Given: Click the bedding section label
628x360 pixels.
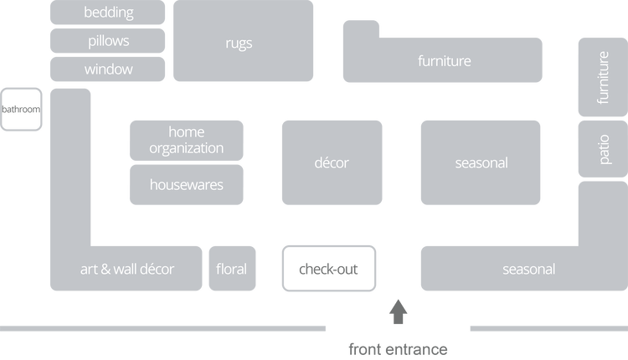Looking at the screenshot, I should coord(109,13).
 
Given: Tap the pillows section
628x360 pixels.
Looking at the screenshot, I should coord(109,40).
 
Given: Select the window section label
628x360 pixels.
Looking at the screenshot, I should coord(109,69).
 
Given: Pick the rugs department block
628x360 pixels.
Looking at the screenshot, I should coord(239,43).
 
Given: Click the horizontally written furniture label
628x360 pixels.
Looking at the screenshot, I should coord(444,61).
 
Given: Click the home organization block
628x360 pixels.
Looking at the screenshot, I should coord(186,140).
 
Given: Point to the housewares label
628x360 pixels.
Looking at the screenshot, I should coord(186,184).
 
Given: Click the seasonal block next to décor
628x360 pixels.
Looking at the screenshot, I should coord(481,162).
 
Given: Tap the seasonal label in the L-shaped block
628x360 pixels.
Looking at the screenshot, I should coord(528,269).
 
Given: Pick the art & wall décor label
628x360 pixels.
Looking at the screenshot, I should coord(127,269).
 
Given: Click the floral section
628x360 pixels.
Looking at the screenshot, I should coord(231,269).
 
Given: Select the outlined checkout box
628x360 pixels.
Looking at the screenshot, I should coord(328,269).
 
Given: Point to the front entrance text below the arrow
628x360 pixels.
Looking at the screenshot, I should coord(399,348).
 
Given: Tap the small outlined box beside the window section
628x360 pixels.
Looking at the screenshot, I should coord(22,109).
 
